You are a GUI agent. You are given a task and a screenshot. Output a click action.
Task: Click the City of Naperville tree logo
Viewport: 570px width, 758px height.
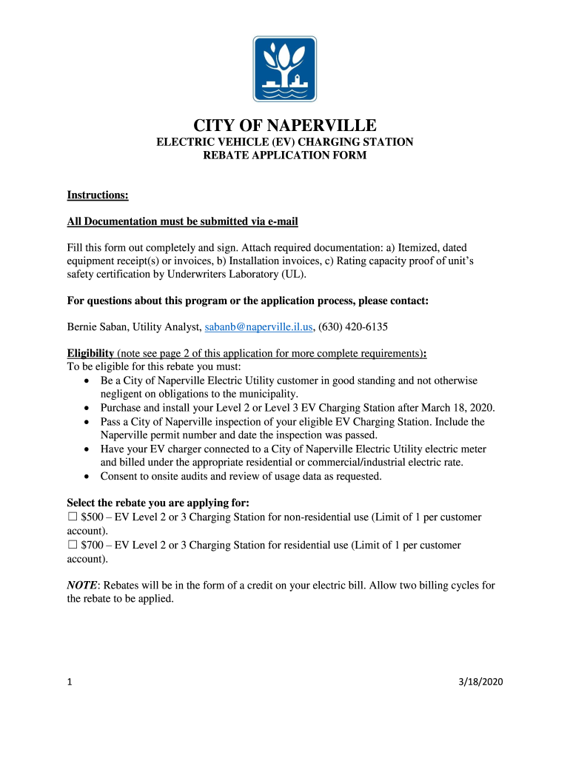[285, 69]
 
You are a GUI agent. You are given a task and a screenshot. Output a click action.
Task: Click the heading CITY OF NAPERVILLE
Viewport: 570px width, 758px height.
[285, 125]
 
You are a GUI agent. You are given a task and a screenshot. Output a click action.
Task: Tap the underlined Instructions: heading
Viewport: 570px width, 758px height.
[98, 195]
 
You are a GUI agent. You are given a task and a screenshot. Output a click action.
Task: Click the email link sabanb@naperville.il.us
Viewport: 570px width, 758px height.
[258, 326]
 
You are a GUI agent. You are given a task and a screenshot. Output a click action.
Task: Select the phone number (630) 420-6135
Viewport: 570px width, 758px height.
[353, 326]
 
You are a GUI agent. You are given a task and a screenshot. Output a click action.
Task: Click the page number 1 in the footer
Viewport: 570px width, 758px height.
[70, 682]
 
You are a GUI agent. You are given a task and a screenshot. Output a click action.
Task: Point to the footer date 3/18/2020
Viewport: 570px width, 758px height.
[480, 682]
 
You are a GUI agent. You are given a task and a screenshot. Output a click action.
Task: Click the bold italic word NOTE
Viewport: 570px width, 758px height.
[82, 585]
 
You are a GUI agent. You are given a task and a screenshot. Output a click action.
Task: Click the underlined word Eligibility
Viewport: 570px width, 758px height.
[90, 353]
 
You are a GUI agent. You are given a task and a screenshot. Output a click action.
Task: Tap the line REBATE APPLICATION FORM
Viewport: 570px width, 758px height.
[285, 155]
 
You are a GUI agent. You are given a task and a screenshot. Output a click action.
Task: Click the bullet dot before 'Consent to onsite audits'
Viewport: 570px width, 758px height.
[87, 476]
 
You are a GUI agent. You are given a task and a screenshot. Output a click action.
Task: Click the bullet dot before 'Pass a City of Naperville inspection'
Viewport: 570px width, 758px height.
[87, 422]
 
